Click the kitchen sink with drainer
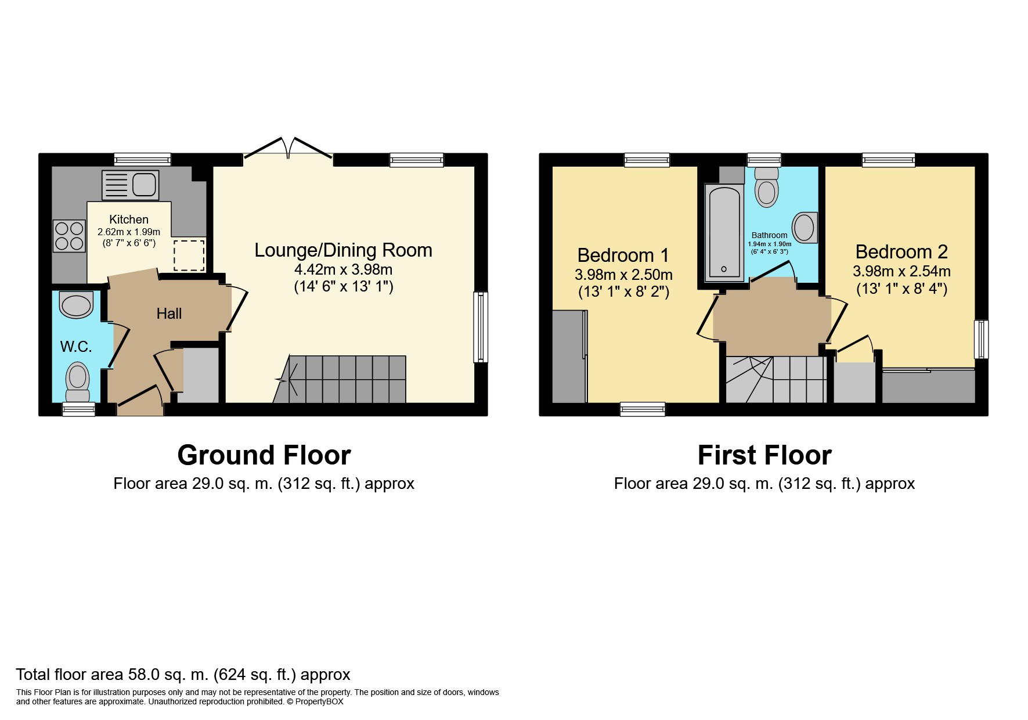[x=130, y=185]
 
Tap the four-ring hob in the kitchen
[x=69, y=236]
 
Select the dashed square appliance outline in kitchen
[x=189, y=255]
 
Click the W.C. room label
[x=76, y=347]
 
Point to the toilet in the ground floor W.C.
[x=77, y=380]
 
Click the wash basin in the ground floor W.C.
[x=77, y=305]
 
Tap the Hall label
[x=169, y=314]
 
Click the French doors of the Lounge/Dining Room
[x=288, y=147]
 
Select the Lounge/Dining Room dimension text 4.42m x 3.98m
[x=343, y=269]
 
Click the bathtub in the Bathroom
[x=724, y=232]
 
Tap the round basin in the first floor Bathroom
[x=804, y=228]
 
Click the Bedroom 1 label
[x=623, y=255]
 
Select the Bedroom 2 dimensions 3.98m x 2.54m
[x=901, y=271]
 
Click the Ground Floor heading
[x=264, y=455]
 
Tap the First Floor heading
[x=764, y=455]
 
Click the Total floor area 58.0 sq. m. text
[x=183, y=674]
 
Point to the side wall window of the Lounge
[x=481, y=327]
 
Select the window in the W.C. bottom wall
[x=78, y=410]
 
